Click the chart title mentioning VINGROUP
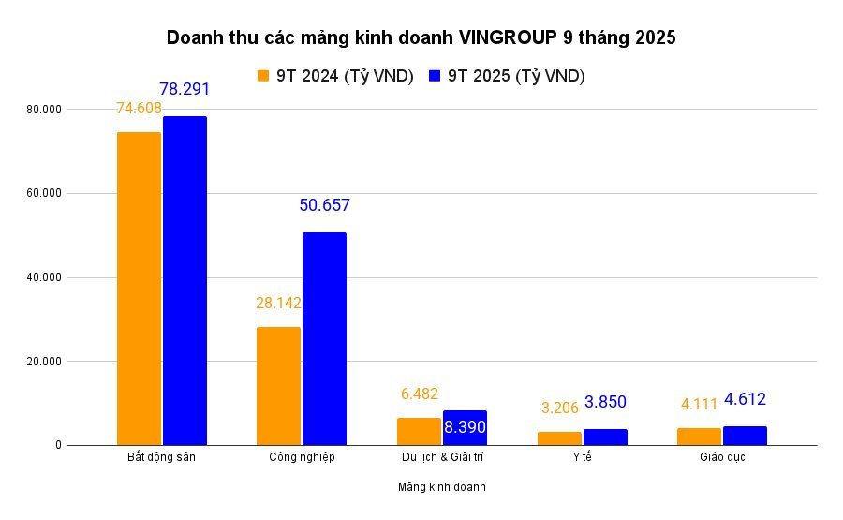[x=421, y=38]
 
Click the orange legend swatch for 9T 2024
[x=263, y=76]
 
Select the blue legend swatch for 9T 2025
[x=435, y=76]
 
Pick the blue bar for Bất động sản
[x=185, y=281]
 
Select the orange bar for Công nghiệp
[x=278, y=386]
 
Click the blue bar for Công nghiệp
[x=324, y=338]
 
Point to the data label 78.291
[x=185, y=89]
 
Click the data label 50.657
[x=324, y=205]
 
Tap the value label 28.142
[x=278, y=303]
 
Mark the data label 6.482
[x=418, y=394]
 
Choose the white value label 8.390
[x=464, y=427]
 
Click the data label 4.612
[x=745, y=399]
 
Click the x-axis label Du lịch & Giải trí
[x=441, y=457]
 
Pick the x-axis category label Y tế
[x=582, y=457]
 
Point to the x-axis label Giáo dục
[x=721, y=457]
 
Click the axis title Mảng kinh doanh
[x=441, y=487]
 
